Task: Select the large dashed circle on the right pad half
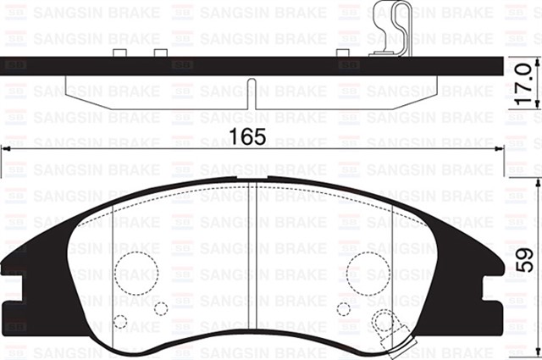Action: pyautogui.click(x=367, y=273)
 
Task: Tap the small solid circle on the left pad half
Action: pyautogui.click(x=161, y=307)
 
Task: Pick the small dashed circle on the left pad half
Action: pyautogui.click(x=121, y=322)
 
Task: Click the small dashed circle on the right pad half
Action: pyautogui.click(x=344, y=308)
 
